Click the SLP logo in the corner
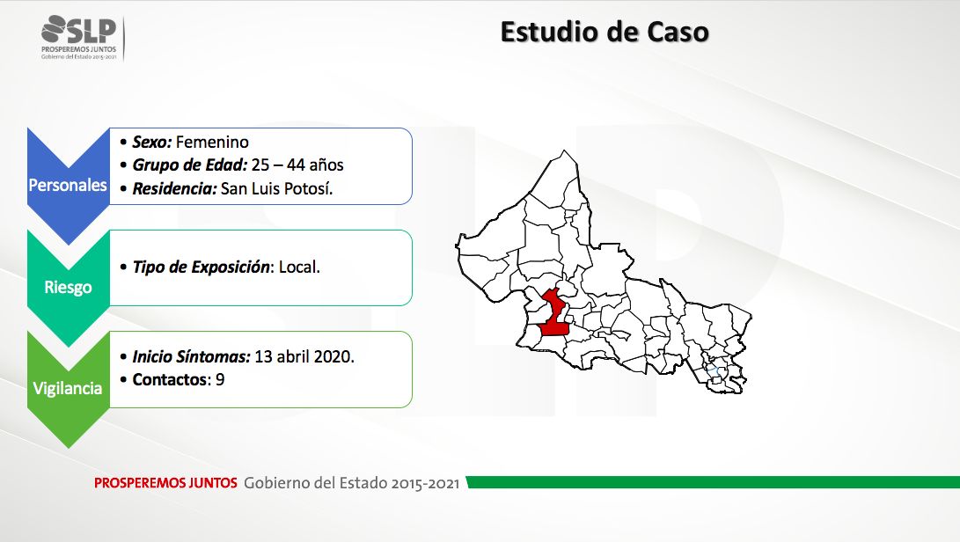coord(79,37)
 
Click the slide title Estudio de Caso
coord(605,33)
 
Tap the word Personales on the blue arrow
coord(68,185)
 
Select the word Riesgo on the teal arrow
coord(68,287)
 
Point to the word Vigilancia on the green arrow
coord(68,388)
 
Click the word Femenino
coord(212,142)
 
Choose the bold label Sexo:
coord(152,142)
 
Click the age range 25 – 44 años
coord(297,165)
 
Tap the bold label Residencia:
coord(174,188)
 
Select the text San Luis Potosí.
coord(276,188)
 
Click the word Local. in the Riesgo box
coord(299,267)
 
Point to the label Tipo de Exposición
coord(202,267)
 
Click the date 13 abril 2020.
coord(304,356)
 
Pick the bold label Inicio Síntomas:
coord(192,356)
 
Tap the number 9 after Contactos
coord(220,380)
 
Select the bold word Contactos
coord(170,380)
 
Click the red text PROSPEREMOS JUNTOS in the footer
coord(165,482)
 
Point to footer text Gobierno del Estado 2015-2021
coord(351,482)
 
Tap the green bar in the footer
coord(714,482)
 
